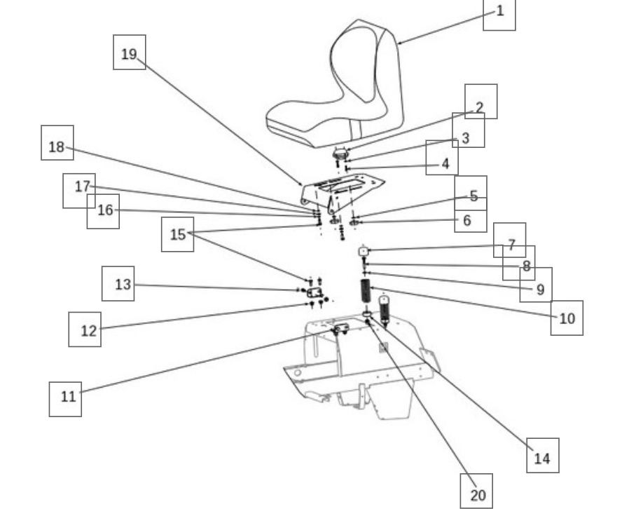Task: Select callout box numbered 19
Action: click(x=130, y=52)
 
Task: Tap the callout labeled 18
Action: click(x=57, y=143)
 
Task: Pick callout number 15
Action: click(x=178, y=234)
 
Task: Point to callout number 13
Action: click(x=118, y=284)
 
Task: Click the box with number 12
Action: click(x=85, y=330)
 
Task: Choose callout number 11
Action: click(x=65, y=400)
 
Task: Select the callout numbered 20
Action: click(x=476, y=491)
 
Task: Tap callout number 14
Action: click(x=543, y=456)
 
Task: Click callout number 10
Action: click(x=567, y=318)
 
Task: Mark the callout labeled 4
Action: click(x=442, y=158)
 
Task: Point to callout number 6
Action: click(x=471, y=221)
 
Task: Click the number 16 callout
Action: click(x=104, y=212)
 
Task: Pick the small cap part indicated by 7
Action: click(x=364, y=251)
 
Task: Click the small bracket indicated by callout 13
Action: click(x=314, y=292)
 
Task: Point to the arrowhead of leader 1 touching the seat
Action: click(x=399, y=43)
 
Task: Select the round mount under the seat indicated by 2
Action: click(x=340, y=154)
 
